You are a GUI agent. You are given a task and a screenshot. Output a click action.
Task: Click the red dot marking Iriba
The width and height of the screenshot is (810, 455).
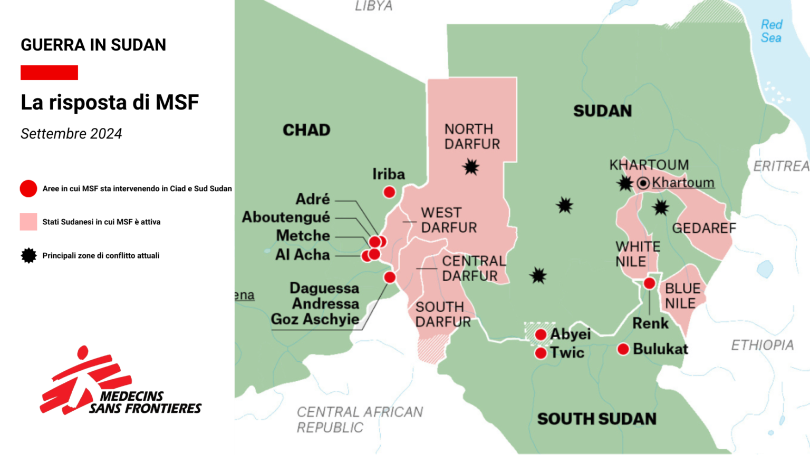(389, 192)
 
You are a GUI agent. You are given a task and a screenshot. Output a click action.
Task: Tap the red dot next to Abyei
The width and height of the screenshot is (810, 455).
(541, 334)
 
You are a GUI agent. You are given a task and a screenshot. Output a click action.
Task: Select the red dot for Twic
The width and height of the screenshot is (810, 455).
(541, 353)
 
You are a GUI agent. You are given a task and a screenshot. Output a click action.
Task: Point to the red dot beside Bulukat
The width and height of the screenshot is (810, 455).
(623, 349)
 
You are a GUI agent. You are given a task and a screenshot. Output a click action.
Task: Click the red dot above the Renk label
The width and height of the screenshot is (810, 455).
(650, 283)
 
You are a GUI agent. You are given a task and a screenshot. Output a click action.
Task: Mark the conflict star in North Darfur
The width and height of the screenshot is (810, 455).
(471, 167)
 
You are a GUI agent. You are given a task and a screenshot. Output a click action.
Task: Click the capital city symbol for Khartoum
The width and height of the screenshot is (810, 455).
(643, 183)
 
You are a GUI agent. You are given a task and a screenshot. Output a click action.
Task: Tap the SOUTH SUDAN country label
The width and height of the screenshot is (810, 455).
(596, 419)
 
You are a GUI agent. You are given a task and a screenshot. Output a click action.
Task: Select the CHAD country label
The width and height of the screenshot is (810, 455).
(306, 130)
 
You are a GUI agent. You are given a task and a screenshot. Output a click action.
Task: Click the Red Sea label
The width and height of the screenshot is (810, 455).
(771, 32)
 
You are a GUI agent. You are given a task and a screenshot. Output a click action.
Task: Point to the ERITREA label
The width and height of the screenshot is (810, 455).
(781, 166)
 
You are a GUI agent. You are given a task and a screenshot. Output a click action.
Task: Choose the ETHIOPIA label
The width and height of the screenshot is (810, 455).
(762, 345)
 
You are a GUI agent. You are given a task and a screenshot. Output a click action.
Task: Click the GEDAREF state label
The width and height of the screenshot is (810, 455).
(703, 228)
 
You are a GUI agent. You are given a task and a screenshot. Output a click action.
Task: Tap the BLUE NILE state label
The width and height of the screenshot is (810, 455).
(682, 296)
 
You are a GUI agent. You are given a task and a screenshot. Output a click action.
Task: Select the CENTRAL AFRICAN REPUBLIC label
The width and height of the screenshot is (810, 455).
(360, 419)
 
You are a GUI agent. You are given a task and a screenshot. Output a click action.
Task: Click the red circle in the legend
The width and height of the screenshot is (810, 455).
(28, 189)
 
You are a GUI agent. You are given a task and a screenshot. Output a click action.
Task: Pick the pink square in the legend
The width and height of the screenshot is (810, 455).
(28, 222)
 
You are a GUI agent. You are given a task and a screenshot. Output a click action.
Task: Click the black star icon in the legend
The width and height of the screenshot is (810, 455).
(28, 255)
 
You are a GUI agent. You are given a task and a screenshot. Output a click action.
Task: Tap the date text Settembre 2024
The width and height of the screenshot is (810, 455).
(71, 134)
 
